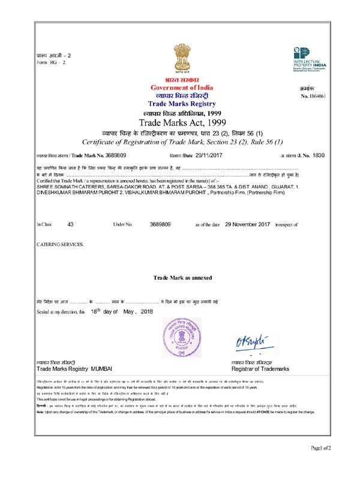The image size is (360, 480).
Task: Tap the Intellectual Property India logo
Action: pyautogui.click(x=309, y=58)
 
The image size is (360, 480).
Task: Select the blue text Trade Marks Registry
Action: pyautogui.click(x=181, y=103)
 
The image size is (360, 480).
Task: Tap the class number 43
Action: pyautogui.click(x=71, y=224)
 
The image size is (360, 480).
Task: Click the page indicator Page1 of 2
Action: pyautogui.click(x=321, y=465)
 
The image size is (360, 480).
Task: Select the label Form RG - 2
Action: pyautogui.click(x=51, y=62)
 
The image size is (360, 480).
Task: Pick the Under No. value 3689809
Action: pyautogui.click(x=160, y=224)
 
